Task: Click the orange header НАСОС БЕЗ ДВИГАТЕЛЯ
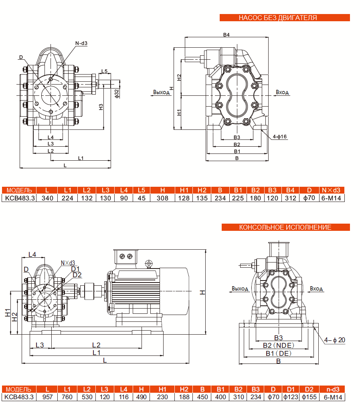click(285, 18)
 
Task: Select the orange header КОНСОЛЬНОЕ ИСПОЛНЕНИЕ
click(285, 227)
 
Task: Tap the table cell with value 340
click(47, 198)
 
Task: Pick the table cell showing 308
click(162, 198)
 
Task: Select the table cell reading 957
click(47, 397)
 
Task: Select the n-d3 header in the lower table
click(332, 389)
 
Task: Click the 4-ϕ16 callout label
click(279, 137)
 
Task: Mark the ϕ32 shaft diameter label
click(117, 93)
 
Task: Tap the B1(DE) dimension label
click(279, 353)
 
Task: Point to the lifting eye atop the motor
click(149, 263)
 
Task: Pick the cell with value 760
click(67, 397)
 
